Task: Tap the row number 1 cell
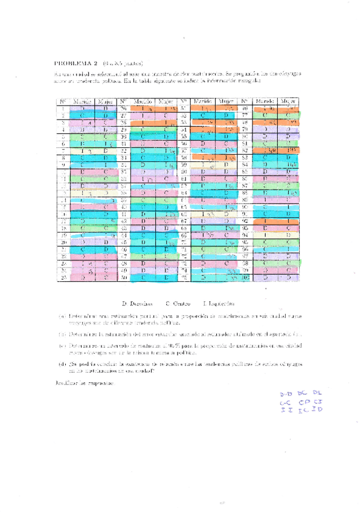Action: (63, 108)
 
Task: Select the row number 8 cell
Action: (63, 157)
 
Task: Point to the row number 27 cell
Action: (123, 115)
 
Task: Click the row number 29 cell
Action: (123, 129)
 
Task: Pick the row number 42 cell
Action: (123, 221)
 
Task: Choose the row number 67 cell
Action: (184, 221)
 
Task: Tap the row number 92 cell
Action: (245, 221)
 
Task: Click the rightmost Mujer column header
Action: (288, 101)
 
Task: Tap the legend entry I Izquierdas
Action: (218, 303)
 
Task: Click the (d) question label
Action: (61, 363)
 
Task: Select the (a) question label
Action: (61, 315)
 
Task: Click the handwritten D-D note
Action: (285, 394)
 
